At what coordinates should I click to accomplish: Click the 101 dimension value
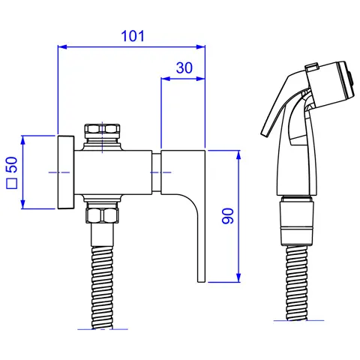(x=133, y=36)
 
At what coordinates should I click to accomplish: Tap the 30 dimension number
(x=184, y=67)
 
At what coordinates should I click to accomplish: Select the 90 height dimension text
(x=228, y=216)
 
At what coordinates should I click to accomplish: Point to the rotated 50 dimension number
(x=12, y=164)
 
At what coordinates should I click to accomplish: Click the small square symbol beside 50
(x=12, y=184)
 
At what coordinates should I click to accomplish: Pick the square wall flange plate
(x=66, y=172)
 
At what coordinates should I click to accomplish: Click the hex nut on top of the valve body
(x=102, y=129)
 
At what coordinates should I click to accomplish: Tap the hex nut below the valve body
(x=102, y=215)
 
